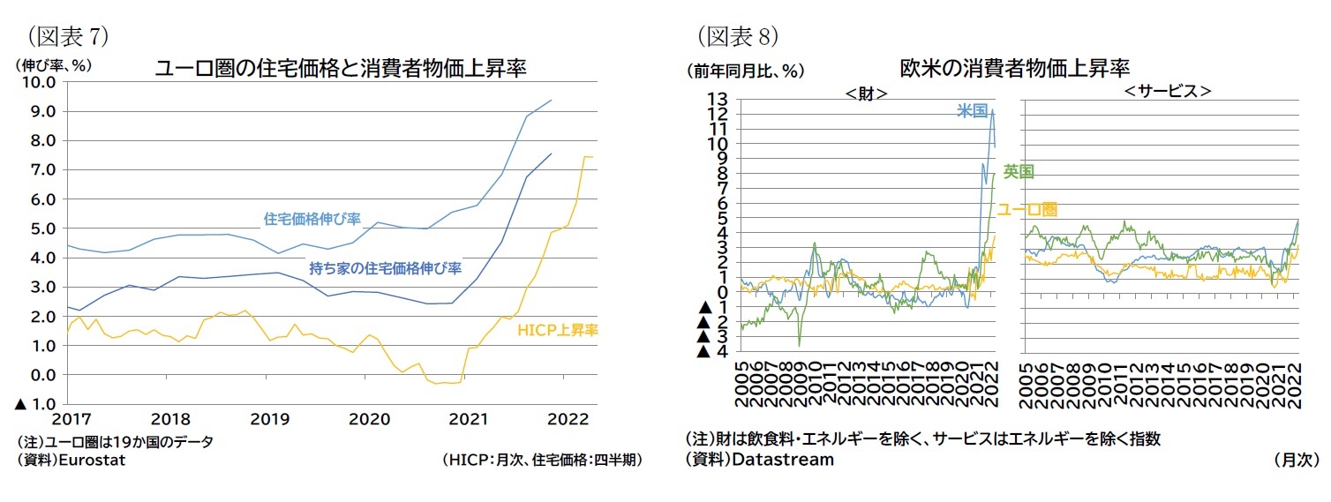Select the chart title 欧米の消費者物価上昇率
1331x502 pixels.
pyautogui.click(x=1015, y=68)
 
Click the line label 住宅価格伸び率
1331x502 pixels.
pyautogui.click(x=312, y=218)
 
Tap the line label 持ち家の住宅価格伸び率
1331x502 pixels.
pyautogui.click(x=385, y=267)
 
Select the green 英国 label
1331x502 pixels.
pyautogui.click(x=1019, y=171)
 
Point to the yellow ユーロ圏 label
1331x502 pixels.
pyautogui.click(x=1026, y=209)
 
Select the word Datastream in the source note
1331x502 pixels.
pyautogui.click(x=783, y=459)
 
